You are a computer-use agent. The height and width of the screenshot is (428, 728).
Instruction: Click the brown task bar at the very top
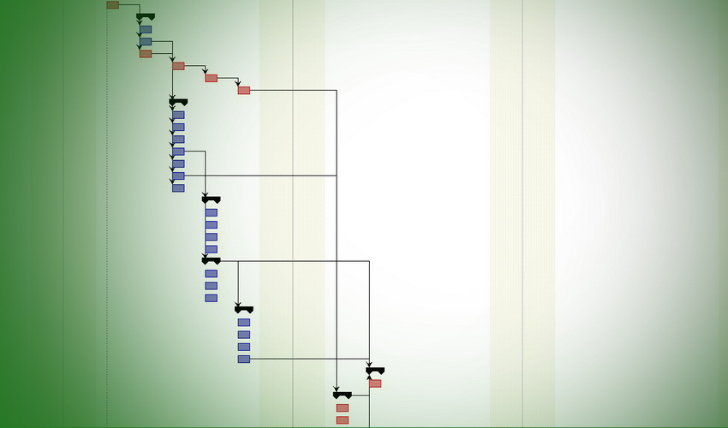(112, 5)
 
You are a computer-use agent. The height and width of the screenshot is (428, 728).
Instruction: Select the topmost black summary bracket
(146, 16)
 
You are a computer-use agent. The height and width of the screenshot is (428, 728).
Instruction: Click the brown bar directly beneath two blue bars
(146, 54)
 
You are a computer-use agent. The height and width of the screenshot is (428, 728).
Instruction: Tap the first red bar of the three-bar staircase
(178, 66)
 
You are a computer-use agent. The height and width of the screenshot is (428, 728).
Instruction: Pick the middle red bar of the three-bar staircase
(211, 78)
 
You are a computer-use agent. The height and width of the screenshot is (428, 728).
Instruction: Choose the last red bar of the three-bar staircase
(244, 90)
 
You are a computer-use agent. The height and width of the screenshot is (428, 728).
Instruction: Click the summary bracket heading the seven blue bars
(178, 102)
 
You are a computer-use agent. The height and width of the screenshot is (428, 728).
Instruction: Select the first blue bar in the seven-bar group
(178, 115)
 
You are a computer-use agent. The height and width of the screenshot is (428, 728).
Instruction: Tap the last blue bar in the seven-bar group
(178, 187)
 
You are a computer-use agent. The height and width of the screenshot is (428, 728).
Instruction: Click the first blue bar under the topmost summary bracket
(146, 29)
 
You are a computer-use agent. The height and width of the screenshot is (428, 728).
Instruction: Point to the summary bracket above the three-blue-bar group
(212, 259)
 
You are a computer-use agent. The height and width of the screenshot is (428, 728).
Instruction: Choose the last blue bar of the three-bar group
(211, 298)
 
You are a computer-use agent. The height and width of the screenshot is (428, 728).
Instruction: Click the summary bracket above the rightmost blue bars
(244, 308)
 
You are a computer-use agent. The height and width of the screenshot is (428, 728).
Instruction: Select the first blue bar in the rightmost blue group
(244, 323)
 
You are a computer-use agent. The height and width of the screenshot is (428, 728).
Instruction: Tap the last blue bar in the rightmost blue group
(244, 359)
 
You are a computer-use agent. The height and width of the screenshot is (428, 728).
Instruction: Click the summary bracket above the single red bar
(375, 370)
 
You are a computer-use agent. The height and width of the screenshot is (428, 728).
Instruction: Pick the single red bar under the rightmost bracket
(375, 383)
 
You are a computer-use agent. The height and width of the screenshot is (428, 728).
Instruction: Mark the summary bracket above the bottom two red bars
(343, 395)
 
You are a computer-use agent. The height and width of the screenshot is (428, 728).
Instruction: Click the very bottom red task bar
(343, 420)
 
